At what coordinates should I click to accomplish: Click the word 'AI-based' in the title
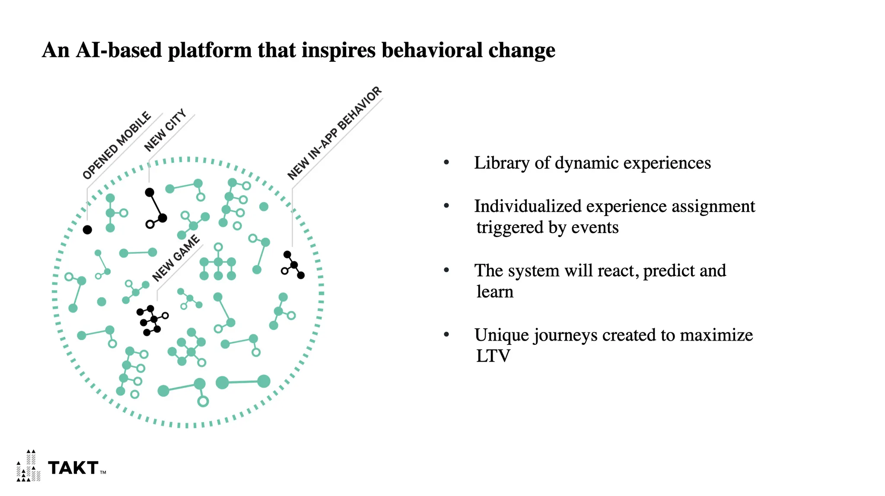[119, 50]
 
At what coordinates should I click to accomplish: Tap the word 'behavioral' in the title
[432, 50]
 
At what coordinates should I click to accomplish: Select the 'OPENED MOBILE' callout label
[117, 145]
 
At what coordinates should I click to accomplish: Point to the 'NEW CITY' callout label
[165, 130]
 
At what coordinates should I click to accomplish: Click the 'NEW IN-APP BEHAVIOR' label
[335, 133]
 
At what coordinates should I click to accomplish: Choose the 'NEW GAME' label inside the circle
[176, 258]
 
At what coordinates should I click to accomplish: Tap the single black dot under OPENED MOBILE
[87, 230]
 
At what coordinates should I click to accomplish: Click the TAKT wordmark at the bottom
[73, 468]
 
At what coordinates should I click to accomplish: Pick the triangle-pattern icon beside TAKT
[29, 466]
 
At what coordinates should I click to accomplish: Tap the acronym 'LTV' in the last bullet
[493, 356]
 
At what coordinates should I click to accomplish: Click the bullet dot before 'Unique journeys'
[446, 334]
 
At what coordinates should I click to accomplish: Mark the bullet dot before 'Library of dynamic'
[446, 162]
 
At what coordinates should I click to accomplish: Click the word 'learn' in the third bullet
[495, 292]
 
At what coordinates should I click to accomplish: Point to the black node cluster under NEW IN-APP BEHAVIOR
[293, 265]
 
